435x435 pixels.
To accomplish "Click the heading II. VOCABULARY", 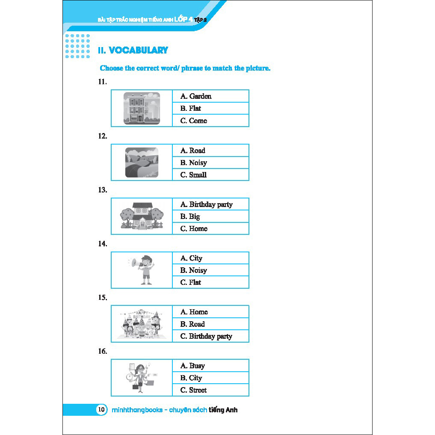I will (133, 50).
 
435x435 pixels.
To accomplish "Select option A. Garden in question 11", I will (195, 96).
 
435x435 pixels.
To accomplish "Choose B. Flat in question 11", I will (190, 108).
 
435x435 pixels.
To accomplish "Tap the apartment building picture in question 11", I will (142, 108).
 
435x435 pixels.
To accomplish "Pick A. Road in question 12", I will (192, 151).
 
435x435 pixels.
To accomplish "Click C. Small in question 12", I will (193, 175).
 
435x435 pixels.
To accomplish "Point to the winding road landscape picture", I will (142, 163).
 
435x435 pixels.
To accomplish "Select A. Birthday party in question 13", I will (206, 204).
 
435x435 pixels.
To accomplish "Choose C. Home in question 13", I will (193, 228).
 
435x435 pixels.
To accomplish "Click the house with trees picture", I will (142, 216).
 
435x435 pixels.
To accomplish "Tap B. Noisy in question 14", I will (193, 270).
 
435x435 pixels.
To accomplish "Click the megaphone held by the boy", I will (133, 262).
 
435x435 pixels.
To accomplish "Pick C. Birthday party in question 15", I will (206, 336).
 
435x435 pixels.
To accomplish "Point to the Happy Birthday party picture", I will (142, 324).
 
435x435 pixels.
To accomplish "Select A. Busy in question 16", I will (192, 366).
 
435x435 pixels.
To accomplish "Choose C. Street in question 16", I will (193, 390).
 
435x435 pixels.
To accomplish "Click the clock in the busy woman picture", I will (130, 377).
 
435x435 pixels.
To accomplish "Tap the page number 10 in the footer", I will (101, 410).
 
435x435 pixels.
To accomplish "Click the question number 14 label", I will (102, 244).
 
